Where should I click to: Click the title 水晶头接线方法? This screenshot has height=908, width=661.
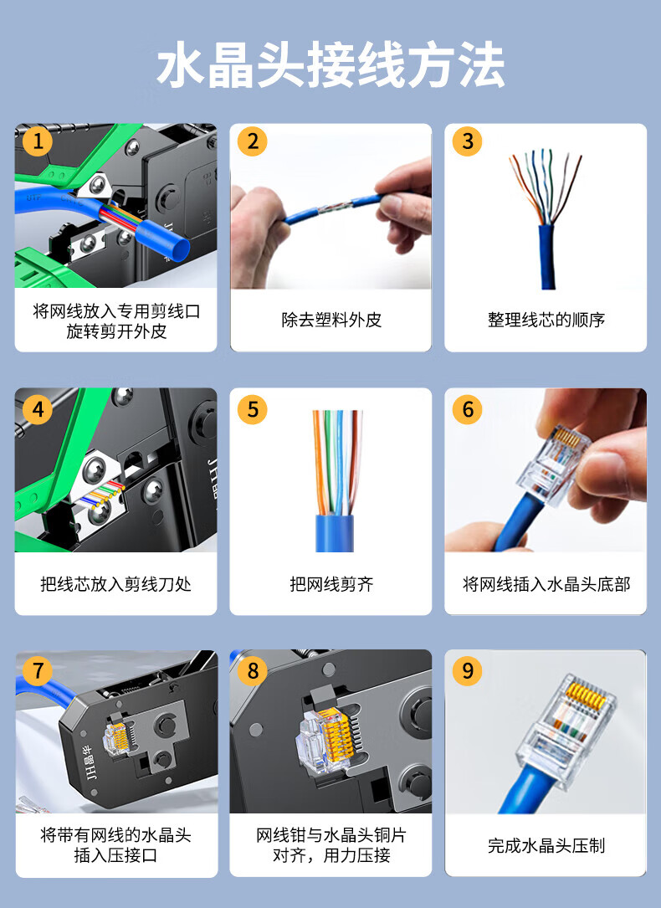click(330, 64)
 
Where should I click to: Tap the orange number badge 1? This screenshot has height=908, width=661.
click(38, 141)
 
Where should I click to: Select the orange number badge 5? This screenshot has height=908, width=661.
click(253, 409)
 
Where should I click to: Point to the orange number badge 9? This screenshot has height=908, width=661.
click(467, 670)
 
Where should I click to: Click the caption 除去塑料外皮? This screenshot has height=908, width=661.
click(331, 320)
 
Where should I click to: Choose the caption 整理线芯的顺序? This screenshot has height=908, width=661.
click(546, 320)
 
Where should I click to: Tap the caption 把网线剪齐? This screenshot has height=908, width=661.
click(331, 584)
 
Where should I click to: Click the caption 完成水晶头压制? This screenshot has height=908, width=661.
click(546, 845)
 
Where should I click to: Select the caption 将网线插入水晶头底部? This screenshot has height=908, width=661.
click(546, 584)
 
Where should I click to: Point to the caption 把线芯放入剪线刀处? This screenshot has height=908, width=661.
click(115, 584)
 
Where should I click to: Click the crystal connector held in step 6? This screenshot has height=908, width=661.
click(551, 464)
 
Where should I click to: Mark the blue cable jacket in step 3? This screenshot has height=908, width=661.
click(547, 257)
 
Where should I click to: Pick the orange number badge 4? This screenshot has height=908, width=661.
click(38, 409)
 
